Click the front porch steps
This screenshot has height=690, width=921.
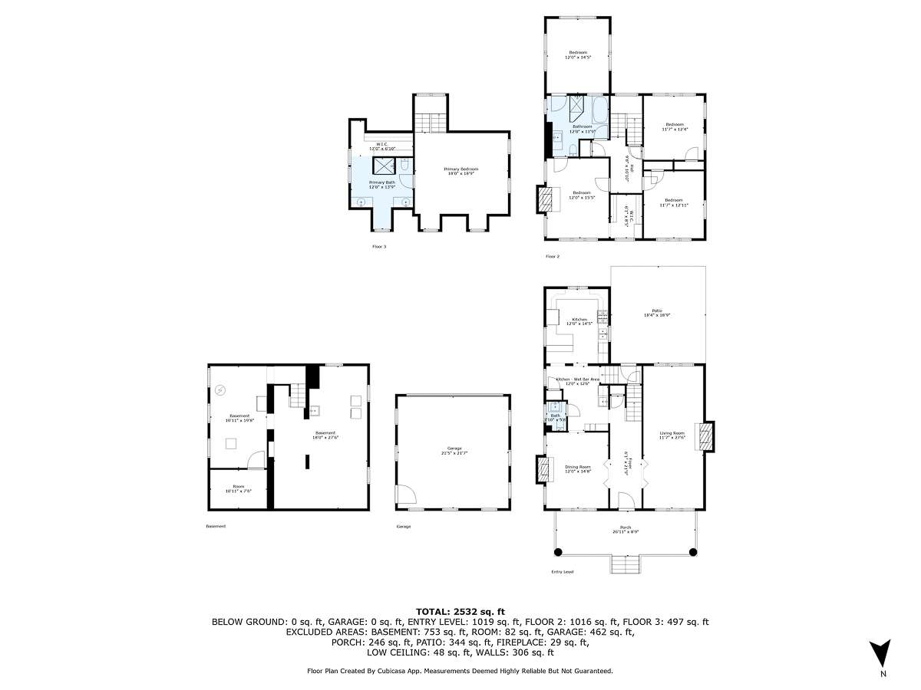pos(626,565)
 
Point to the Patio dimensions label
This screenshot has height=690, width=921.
pos(657,315)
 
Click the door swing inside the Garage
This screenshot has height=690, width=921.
pos(408,494)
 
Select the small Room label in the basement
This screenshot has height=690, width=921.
pos(239,488)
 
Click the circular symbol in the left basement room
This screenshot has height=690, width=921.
pos(221,390)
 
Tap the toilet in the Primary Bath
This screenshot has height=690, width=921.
pos(404,164)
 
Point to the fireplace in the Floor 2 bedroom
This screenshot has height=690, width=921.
pos(544,200)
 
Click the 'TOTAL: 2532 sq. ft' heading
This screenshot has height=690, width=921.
pos(460,611)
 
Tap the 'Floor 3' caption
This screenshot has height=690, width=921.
pos(379,247)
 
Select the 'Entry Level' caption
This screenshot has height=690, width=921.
pos(562,572)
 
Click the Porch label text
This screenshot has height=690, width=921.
pos(626,529)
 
